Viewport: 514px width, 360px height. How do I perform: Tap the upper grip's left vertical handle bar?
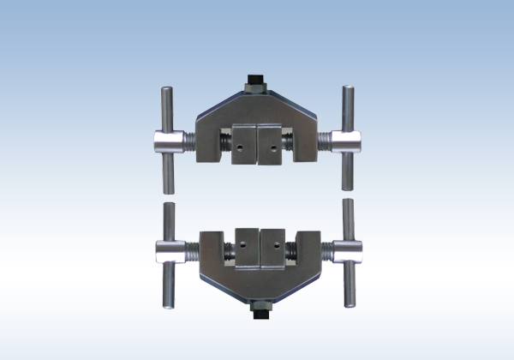(x=168, y=138)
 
